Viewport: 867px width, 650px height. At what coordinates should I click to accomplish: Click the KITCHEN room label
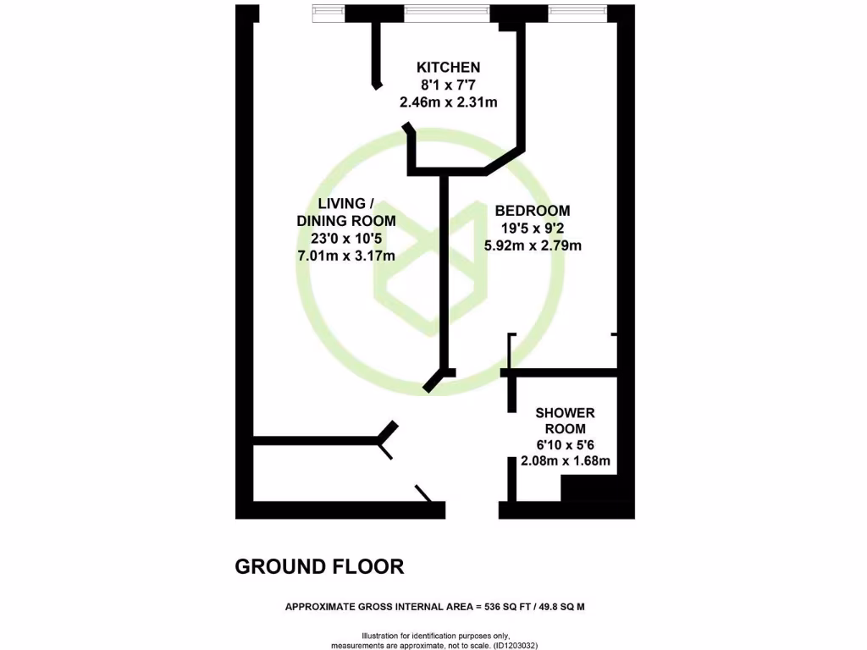coord(448,68)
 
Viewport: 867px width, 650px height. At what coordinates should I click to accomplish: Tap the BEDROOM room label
coord(533,211)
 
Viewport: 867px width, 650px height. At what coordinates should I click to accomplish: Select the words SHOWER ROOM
coord(565,421)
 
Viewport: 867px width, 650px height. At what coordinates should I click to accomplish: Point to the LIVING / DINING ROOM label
coord(345,212)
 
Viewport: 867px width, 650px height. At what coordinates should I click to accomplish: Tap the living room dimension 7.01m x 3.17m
coord(345,256)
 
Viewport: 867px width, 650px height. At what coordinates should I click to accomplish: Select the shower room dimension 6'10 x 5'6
coord(565,445)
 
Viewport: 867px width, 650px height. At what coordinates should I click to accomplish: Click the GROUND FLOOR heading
coord(319,567)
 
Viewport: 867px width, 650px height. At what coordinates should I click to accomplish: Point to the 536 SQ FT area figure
coord(506,607)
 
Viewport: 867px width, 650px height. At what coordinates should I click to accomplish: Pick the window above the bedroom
coord(577,12)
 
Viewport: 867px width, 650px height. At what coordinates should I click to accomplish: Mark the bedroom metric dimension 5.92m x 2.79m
coord(533,246)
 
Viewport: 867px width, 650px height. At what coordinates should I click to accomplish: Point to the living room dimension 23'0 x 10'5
coord(345,239)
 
